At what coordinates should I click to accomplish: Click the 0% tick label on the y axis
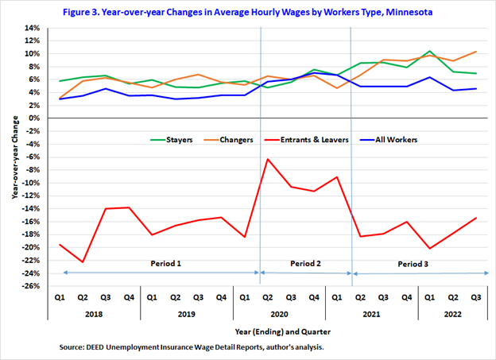click(34, 118)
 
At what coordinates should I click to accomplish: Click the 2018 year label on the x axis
click(94, 313)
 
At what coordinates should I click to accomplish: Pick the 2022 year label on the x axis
click(452, 313)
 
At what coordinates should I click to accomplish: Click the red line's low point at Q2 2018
click(83, 261)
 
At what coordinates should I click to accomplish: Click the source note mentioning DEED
click(192, 348)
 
